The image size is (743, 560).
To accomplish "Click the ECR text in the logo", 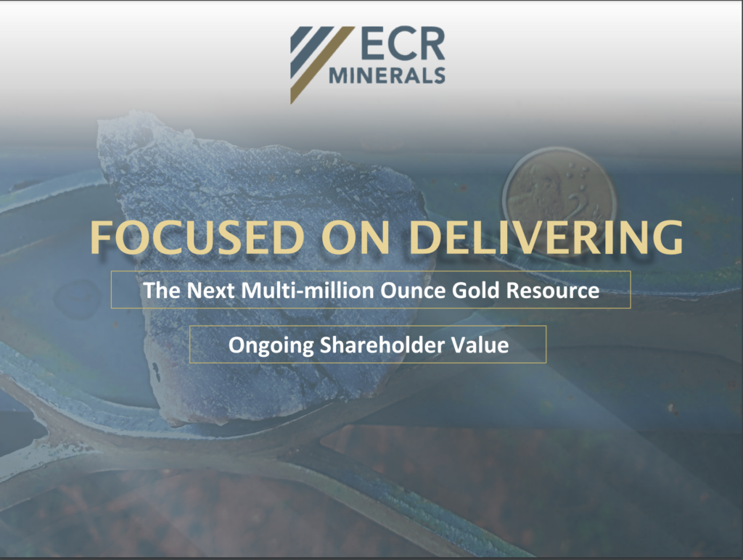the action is pyautogui.click(x=403, y=44).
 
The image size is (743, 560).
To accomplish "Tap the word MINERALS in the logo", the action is pyautogui.click(x=387, y=75).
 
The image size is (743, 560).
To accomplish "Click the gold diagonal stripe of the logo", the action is pyautogui.click(x=322, y=65).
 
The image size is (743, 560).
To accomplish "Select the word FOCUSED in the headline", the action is pyautogui.click(x=197, y=237).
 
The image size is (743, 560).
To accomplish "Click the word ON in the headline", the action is pyautogui.click(x=356, y=237).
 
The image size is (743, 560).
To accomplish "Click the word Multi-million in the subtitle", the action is pyautogui.click(x=308, y=290).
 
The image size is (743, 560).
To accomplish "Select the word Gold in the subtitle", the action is pyautogui.click(x=476, y=290).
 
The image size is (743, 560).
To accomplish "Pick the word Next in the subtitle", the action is pyautogui.click(x=211, y=290).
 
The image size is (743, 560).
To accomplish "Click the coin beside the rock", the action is pyautogui.click(x=560, y=195).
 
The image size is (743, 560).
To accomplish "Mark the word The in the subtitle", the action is pyautogui.click(x=162, y=290).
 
